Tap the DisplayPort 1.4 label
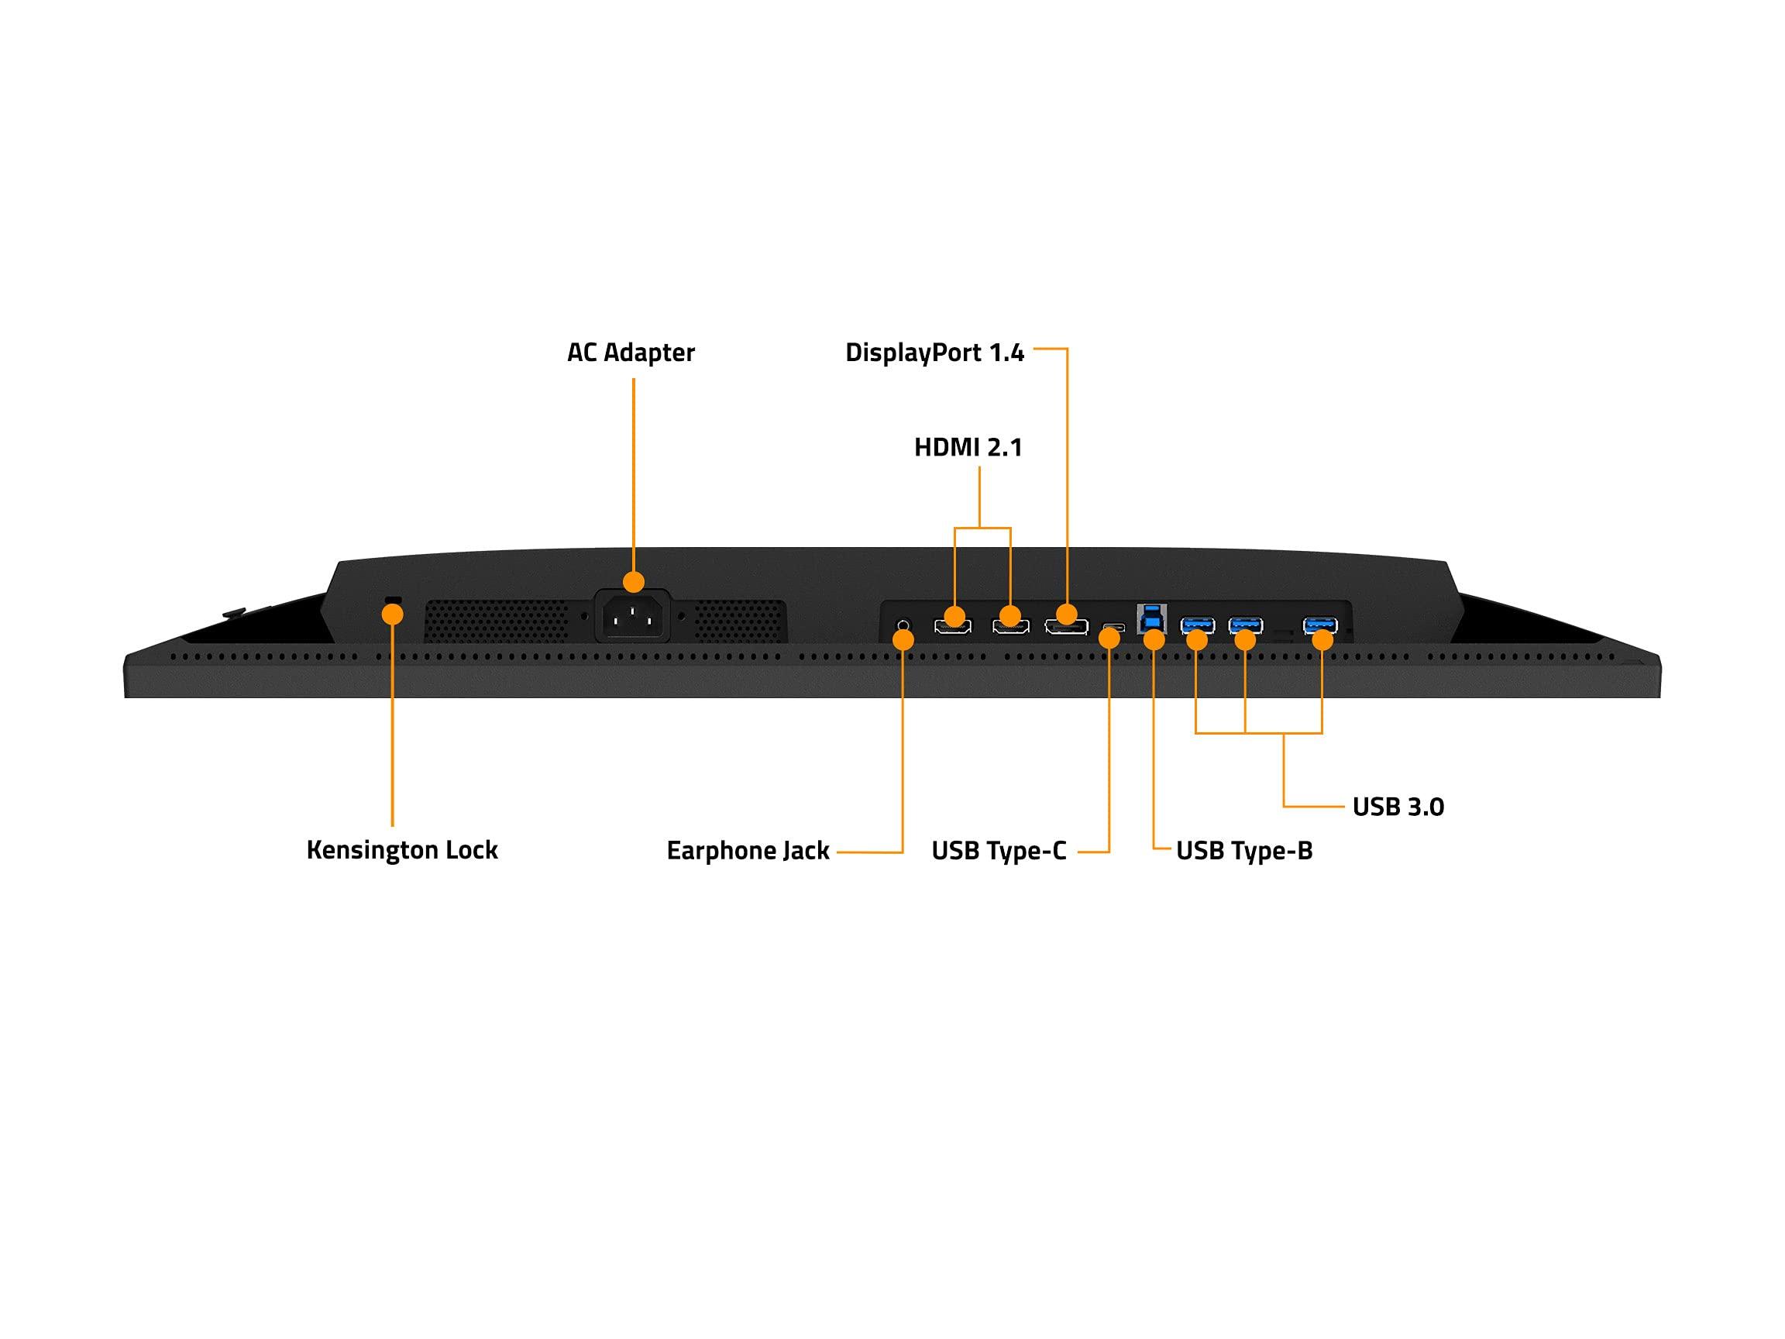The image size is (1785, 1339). coord(934,353)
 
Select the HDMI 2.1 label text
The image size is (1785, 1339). coord(968,447)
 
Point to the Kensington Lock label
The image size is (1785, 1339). coord(402,850)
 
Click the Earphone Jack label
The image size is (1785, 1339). coord(748,851)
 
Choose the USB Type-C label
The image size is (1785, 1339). coord(998,851)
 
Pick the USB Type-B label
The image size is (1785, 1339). coord(1243,851)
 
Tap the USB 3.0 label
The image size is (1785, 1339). coord(1398,807)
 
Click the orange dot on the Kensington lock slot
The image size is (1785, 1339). coord(392,615)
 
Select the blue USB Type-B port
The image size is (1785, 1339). coord(1150,618)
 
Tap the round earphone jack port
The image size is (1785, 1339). coord(904,625)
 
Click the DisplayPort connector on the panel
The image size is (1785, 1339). coord(1066,627)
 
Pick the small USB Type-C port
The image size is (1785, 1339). coord(1113,627)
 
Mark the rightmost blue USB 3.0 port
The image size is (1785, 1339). coord(1320,625)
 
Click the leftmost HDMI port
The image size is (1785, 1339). coord(953,627)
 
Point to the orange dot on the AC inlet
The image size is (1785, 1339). coord(634,582)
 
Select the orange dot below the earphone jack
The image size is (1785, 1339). coord(904,640)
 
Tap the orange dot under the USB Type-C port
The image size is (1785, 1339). coord(1110,638)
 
